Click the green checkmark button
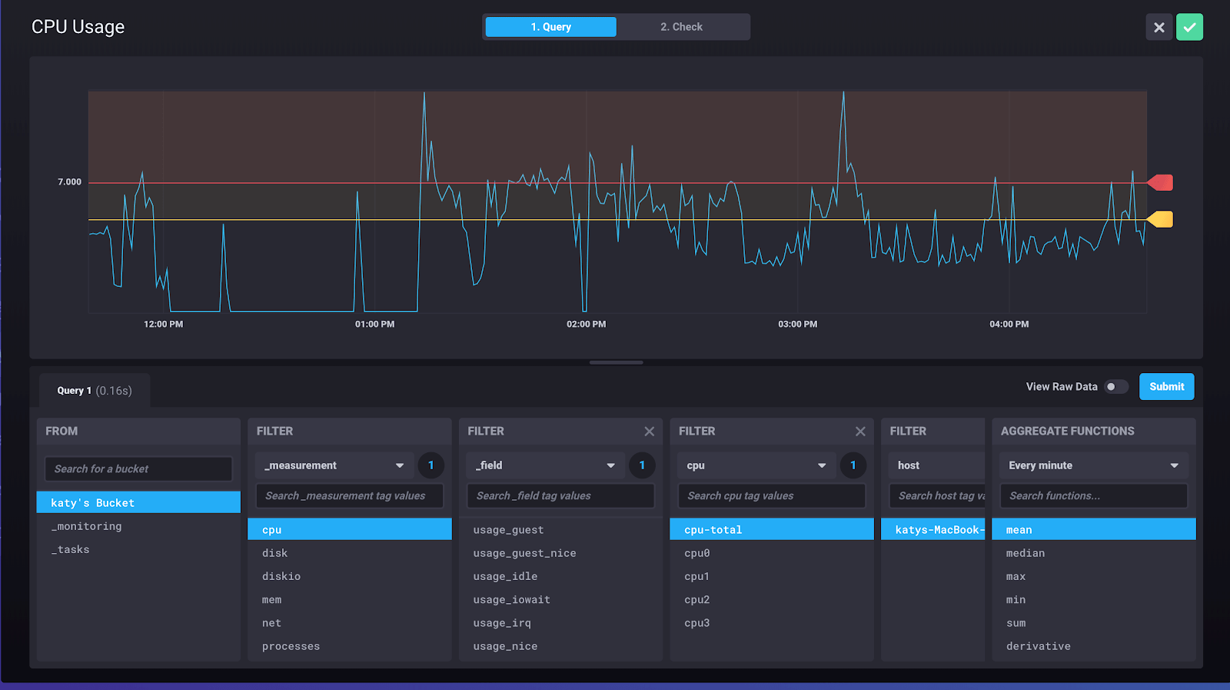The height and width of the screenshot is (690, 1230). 1189,27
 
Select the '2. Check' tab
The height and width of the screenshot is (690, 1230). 681,27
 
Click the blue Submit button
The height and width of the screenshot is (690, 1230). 1166,387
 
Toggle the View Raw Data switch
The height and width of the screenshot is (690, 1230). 1115,387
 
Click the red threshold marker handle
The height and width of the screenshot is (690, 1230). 1161,182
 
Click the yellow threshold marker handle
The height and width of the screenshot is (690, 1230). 1161,220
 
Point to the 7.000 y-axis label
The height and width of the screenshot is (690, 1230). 69,182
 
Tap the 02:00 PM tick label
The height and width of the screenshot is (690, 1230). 586,325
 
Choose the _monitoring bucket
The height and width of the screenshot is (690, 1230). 86,526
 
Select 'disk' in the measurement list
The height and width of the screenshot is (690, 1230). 274,553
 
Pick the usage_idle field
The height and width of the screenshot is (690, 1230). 505,576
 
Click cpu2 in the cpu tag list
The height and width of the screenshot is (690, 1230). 696,600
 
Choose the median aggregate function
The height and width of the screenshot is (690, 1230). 1025,553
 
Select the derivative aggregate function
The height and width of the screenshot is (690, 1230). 1038,646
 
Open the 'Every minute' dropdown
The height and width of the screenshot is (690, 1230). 1092,465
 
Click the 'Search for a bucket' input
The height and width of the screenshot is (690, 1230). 138,469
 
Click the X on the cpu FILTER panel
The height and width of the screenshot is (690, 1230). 860,432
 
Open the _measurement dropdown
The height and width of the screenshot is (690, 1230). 334,465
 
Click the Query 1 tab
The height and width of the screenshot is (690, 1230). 94,391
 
